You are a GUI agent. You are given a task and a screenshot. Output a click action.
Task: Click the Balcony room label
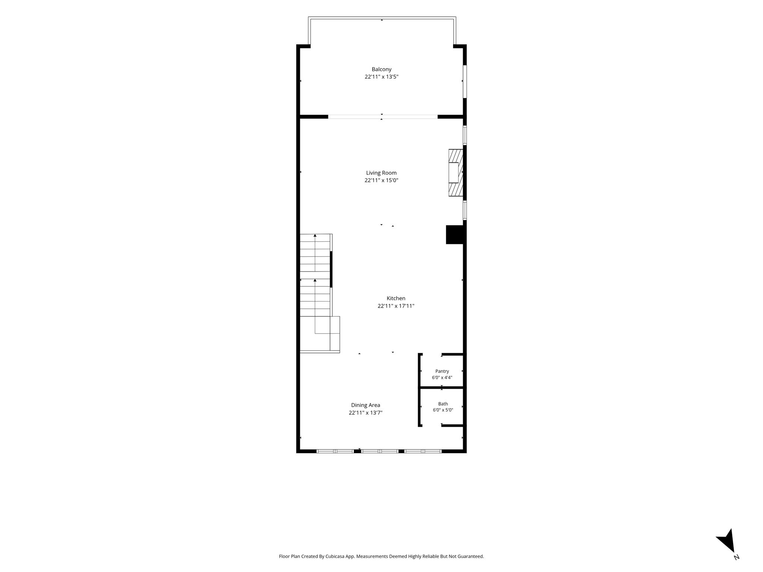tap(381, 69)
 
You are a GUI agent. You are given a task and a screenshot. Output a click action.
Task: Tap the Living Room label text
tap(381, 173)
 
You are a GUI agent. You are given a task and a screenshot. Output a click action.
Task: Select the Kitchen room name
tap(396, 298)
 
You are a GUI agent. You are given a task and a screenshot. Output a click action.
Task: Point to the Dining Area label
tap(365, 405)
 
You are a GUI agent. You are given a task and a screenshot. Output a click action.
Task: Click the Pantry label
tap(442, 371)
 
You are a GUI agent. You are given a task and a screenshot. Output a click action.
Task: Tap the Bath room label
tap(443, 404)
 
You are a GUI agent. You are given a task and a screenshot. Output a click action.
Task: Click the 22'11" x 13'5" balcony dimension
tap(381, 77)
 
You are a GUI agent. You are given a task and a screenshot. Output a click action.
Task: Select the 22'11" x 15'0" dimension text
tap(381, 181)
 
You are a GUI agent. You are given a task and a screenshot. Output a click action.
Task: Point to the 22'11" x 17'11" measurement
tap(396, 306)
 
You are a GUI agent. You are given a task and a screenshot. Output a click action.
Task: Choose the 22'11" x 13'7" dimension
tap(365, 413)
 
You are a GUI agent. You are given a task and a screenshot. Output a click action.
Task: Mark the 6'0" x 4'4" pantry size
tap(442, 378)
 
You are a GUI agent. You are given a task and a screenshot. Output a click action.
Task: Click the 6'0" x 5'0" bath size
tap(443, 410)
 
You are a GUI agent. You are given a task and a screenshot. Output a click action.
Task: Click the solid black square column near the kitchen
tap(455, 235)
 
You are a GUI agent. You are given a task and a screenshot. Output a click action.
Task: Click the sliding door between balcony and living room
tap(383, 117)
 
